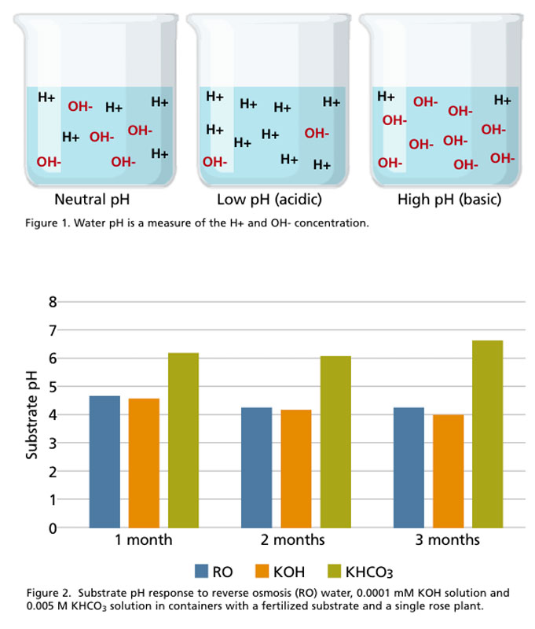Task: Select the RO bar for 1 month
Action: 104,462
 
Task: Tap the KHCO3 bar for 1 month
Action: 183,440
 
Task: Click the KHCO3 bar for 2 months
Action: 335,442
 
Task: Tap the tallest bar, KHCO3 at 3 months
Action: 487,434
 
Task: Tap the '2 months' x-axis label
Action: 295,541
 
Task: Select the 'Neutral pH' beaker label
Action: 92,200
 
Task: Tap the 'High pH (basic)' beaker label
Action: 449,200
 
